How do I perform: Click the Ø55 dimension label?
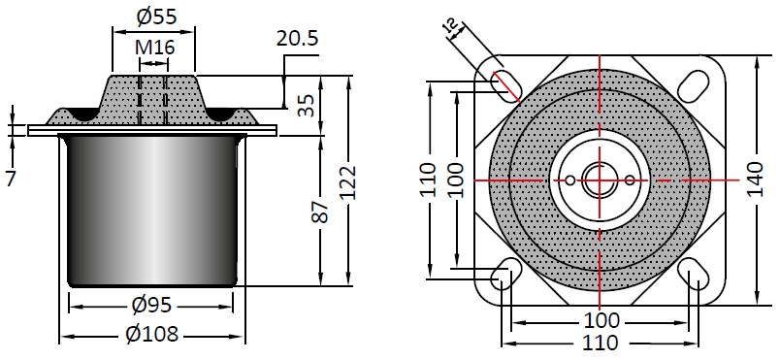[157, 16]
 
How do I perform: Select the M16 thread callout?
[154, 48]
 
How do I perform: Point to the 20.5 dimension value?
[298, 38]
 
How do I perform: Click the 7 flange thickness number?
[11, 179]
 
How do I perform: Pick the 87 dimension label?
[322, 212]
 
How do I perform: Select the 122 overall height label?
[348, 182]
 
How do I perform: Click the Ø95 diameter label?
[151, 305]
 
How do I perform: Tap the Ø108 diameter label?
[151, 334]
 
